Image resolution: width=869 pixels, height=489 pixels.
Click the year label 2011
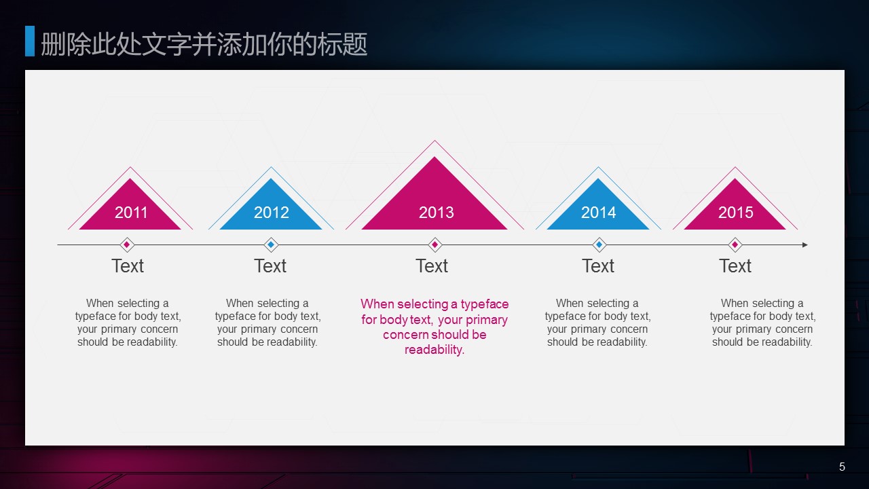pos(131,213)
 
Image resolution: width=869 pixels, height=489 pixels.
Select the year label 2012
pos(271,213)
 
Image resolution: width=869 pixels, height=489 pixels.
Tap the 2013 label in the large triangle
pos(436,213)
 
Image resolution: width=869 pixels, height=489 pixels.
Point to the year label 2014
pos(598,213)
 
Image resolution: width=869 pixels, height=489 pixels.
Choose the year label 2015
pos(735,213)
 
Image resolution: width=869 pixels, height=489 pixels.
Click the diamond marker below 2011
pos(127,245)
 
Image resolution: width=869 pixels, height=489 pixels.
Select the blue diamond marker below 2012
pos(271,245)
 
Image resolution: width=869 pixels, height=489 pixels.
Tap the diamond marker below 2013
pos(435,245)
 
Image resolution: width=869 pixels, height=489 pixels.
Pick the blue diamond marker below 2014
pos(599,245)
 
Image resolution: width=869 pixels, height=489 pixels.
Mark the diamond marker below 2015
pos(735,245)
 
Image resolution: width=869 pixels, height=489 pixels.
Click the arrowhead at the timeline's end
pos(805,245)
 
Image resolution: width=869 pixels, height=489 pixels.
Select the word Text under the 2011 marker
pos(128,266)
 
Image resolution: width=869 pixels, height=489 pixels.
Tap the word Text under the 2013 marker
pos(432,266)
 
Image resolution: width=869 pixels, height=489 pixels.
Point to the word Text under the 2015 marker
pos(735,266)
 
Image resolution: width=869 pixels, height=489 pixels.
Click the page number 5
pos(842,467)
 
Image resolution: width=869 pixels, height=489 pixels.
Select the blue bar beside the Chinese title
pos(30,41)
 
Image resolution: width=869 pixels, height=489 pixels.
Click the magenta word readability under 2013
pos(434,350)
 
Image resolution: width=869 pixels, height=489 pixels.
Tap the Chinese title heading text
pos(204,44)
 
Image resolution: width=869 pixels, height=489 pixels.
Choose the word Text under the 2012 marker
pos(270,266)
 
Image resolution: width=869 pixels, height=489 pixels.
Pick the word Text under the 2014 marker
pos(598,266)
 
